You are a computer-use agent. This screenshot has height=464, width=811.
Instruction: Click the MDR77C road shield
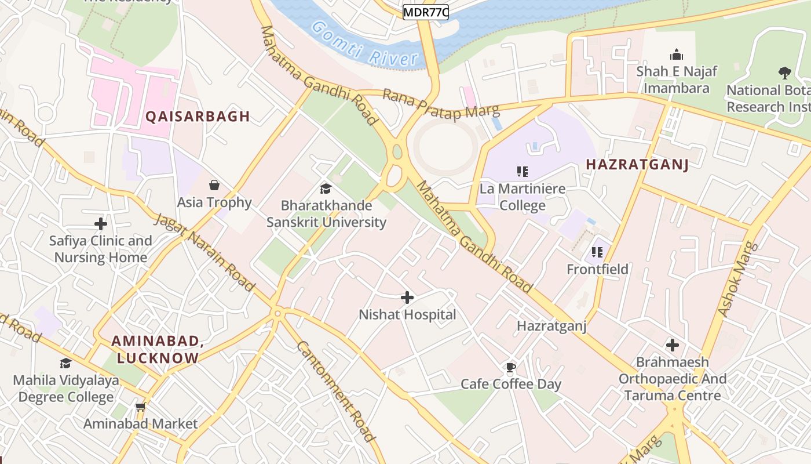426,12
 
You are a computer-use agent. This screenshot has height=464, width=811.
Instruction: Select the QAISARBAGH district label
198,117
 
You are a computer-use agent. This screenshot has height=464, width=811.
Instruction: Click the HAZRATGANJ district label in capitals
637,165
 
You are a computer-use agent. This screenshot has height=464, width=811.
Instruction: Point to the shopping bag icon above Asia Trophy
214,185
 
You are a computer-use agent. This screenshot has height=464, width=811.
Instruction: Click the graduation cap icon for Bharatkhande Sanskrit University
326,188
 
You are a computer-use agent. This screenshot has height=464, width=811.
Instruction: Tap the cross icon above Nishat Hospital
407,298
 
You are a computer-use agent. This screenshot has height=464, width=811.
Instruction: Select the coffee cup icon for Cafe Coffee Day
510,367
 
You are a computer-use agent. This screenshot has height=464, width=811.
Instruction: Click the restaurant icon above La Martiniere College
523,171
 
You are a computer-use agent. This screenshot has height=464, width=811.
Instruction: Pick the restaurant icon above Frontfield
597,252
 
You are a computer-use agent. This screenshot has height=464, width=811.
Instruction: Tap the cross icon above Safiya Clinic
101,223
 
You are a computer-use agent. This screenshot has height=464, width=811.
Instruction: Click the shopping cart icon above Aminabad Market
140,407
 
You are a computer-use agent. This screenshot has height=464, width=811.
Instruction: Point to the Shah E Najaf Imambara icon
676,55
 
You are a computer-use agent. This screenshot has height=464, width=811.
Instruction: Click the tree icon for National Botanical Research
785,73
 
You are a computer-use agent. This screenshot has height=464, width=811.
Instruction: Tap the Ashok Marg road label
734,279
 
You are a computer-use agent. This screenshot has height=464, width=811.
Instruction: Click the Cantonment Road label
335,390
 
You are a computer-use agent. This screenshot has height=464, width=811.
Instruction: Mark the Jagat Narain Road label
204,252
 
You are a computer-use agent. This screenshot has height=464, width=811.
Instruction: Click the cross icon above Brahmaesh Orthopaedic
672,345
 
